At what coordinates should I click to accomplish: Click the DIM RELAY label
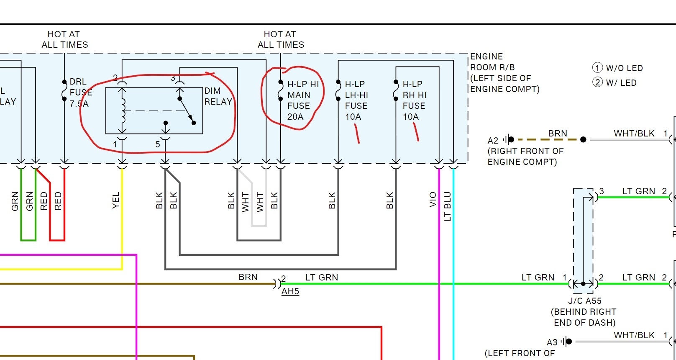[x=218, y=96]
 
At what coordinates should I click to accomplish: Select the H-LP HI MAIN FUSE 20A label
[x=303, y=100]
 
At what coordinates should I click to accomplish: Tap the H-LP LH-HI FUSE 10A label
[x=356, y=100]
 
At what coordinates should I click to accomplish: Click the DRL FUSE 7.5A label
[x=79, y=93]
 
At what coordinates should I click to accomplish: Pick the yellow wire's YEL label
[x=116, y=200]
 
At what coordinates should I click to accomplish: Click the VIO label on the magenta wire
[x=433, y=199]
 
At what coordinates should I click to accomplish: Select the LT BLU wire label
[x=448, y=206]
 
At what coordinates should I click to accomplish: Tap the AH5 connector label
[x=290, y=291]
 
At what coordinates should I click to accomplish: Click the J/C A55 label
[x=584, y=301]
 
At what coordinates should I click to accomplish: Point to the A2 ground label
[x=493, y=141]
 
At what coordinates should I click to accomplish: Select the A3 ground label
[x=552, y=342]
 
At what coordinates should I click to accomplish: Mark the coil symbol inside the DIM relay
[x=123, y=111]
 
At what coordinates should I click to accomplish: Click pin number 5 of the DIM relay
[x=158, y=144]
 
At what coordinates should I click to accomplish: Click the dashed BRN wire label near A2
[x=558, y=133]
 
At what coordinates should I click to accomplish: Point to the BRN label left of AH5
[x=248, y=277]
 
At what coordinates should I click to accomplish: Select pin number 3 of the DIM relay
[x=173, y=78]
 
